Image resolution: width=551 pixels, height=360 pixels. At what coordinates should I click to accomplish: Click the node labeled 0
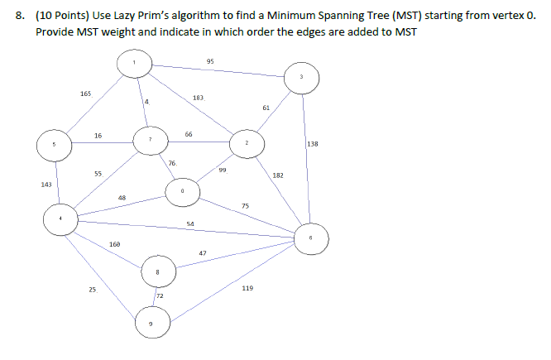[x=182, y=193]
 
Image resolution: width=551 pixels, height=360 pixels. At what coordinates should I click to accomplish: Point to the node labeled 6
[x=311, y=238]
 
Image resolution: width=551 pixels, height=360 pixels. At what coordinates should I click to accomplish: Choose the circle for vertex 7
[x=150, y=139]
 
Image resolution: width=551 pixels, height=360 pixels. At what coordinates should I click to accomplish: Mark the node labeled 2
[x=247, y=142]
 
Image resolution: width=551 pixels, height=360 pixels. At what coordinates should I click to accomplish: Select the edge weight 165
[x=86, y=94]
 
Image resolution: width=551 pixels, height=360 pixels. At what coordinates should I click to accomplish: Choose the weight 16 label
[x=98, y=135]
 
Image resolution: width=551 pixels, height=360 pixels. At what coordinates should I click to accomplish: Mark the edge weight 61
[x=266, y=108]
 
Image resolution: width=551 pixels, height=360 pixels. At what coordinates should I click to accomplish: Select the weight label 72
[x=160, y=295]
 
